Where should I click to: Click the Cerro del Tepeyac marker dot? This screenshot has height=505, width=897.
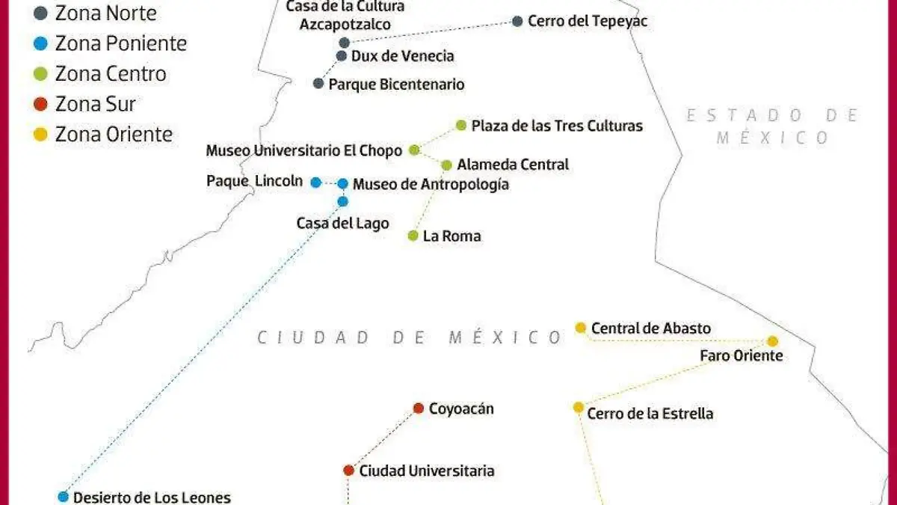point(517,21)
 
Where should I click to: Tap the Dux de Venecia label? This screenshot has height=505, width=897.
point(402,56)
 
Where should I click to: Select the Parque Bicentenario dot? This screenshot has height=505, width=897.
point(318,84)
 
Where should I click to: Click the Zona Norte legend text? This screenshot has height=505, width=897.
point(106,13)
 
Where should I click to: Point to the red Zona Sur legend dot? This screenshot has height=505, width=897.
point(41,104)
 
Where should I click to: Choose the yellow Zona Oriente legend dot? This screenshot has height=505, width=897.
point(41,135)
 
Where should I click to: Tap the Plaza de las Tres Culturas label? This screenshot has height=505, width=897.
point(557,126)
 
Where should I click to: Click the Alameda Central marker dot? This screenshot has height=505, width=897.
point(446,165)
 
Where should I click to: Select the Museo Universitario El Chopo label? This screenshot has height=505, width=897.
point(304,150)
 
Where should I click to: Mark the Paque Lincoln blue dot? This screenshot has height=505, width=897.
point(315,182)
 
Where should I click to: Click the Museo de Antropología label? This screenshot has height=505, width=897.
point(431,184)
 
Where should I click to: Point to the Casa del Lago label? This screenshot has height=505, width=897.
point(342,223)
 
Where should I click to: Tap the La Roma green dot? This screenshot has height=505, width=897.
point(413,236)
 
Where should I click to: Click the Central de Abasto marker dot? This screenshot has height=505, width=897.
point(580,328)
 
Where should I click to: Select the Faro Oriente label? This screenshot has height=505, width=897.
point(741,356)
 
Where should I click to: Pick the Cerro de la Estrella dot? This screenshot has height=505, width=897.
point(578,407)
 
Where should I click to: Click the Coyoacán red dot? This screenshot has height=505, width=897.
point(419,408)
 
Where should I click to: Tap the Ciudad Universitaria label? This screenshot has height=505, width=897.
point(427,471)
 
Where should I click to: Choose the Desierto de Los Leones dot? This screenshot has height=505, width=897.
point(63,497)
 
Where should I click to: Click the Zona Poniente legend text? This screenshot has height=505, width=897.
point(121,43)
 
